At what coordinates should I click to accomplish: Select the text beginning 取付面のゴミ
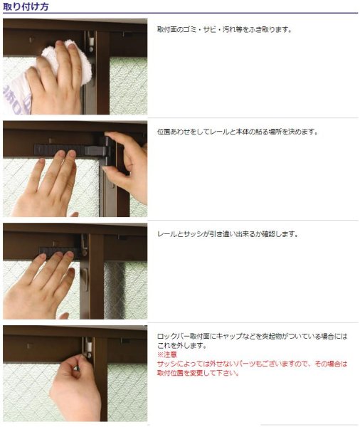pos(224,30)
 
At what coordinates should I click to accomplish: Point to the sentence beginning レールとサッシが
pos(227,233)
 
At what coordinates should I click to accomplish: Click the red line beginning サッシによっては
pos(252,364)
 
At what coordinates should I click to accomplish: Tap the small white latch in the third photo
pos(83,273)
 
